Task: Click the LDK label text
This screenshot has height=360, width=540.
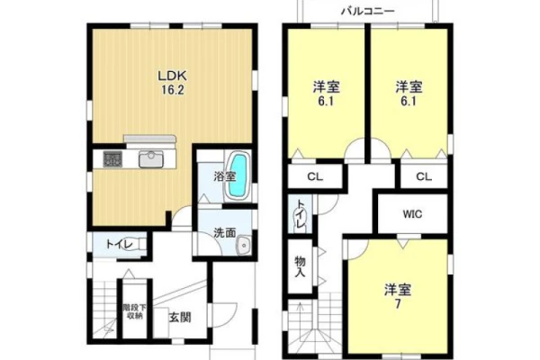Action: (172, 76)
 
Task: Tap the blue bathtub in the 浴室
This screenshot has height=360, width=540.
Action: (238, 175)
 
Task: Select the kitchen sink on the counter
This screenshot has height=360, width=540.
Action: (151, 159)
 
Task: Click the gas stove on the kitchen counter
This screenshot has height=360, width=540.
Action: (112, 159)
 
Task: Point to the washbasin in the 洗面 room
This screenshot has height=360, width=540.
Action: (244, 246)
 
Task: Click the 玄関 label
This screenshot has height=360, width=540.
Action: (180, 317)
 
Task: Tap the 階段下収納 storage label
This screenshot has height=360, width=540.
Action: (132, 311)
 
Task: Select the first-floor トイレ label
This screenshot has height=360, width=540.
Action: (119, 245)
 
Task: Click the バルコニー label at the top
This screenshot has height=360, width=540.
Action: (368, 12)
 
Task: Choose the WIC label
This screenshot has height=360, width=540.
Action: (412, 214)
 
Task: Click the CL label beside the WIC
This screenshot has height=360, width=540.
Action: (424, 176)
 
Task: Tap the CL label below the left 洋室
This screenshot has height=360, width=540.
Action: (315, 177)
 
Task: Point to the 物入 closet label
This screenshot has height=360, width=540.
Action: (300, 267)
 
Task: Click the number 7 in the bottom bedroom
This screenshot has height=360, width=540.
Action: (398, 304)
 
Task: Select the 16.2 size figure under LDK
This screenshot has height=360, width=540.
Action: (173, 90)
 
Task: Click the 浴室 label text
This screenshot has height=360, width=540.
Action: (224, 176)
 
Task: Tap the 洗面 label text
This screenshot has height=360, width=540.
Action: (224, 233)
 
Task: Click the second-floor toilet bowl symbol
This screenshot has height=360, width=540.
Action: (296, 218)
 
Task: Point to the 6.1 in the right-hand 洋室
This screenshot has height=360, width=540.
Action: (409, 102)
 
